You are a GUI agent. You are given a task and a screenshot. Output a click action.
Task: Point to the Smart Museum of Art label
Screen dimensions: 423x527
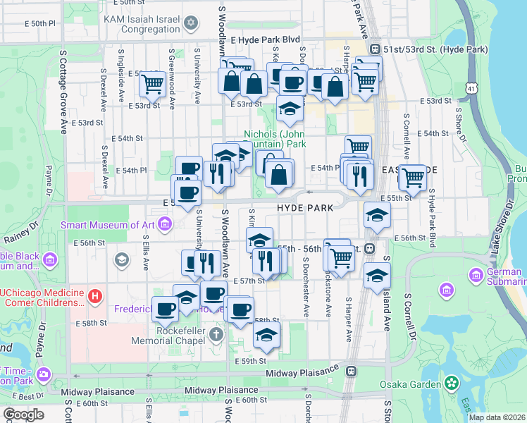[107, 225]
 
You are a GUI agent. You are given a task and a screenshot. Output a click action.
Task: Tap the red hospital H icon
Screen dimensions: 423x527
[95, 296]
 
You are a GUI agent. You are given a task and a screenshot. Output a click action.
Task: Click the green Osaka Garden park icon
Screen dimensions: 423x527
[451, 384]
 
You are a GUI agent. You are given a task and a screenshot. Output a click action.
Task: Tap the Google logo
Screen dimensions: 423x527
[23, 415]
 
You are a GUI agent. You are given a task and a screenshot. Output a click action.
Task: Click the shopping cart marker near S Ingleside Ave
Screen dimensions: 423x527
[152, 85]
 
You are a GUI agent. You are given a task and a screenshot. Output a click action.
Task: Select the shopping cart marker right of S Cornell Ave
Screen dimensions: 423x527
[413, 176]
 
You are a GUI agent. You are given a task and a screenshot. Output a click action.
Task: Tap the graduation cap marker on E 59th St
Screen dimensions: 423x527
[266, 334]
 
